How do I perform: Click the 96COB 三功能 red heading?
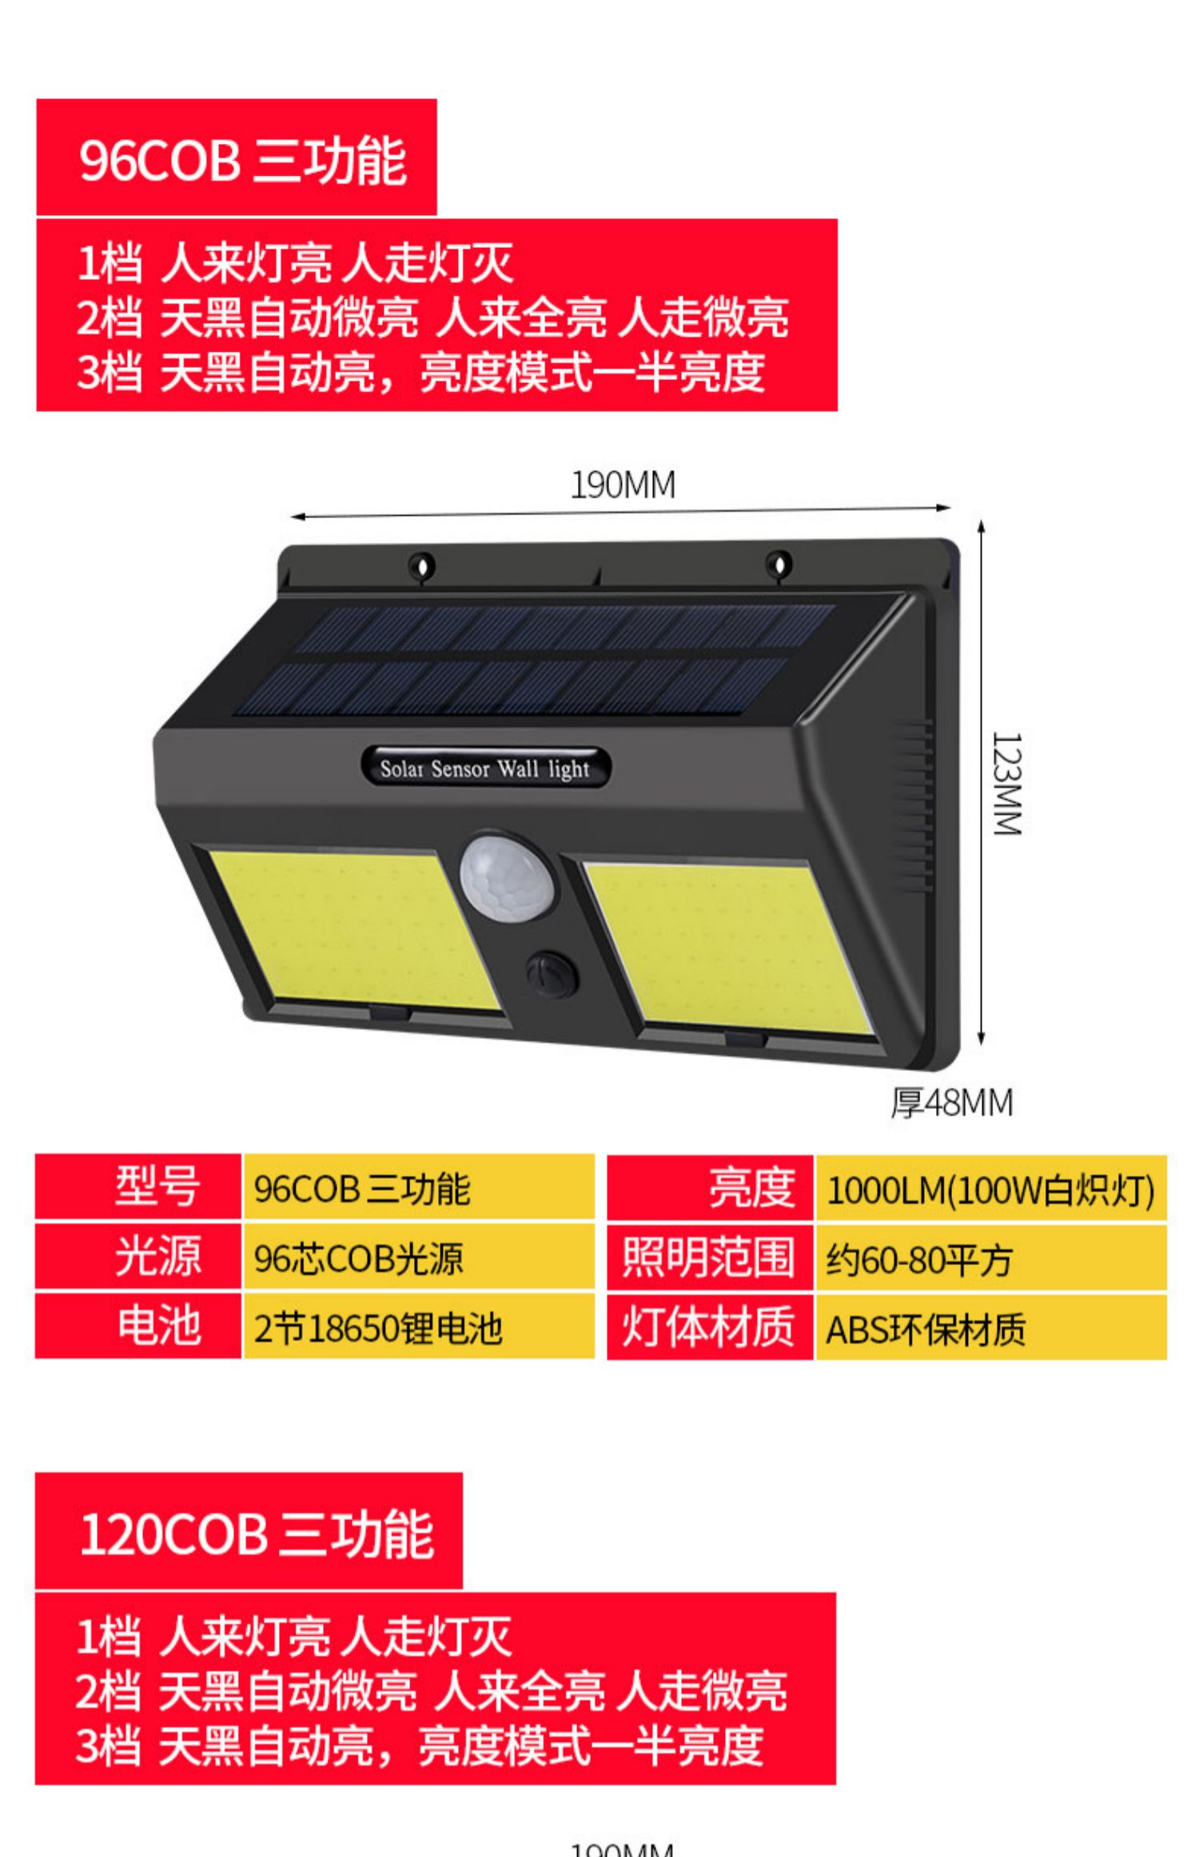[x=237, y=158]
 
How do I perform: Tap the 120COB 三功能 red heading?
[x=249, y=1532]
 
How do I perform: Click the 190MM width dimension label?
[x=622, y=485]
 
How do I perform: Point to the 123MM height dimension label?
[x=1006, y=784]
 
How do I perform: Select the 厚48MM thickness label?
[x=951, y=1102]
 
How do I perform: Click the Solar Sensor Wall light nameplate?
[x=485, y=769]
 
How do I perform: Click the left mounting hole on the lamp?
[x=423, y=565]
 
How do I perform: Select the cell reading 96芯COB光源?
[x=418, y=1259]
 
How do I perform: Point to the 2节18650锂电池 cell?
[x=418, y=1328]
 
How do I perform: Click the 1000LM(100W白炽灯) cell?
[x=990, y=1189]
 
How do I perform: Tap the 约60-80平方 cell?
[x=990, y=1259]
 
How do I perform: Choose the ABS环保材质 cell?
[x=990, y=1329]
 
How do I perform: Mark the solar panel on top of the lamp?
[x=544, y=660]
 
